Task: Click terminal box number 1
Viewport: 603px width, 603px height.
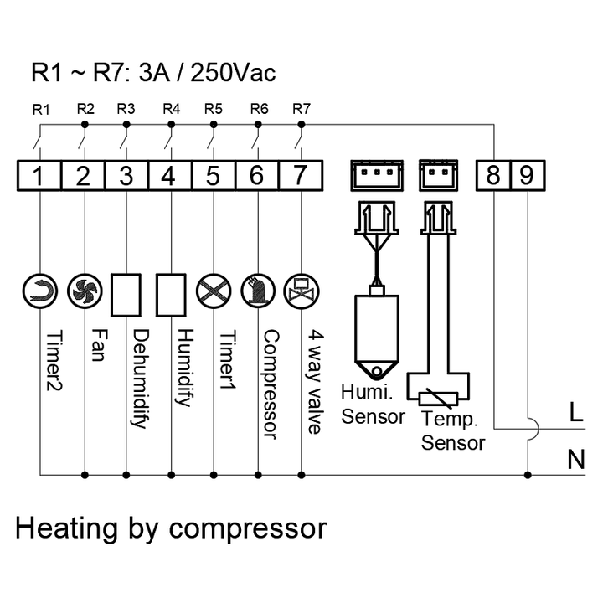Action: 39,176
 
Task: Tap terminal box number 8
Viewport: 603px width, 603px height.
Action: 493,176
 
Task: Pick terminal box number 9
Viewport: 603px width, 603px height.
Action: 526,176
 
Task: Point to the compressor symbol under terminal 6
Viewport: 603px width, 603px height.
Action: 257,289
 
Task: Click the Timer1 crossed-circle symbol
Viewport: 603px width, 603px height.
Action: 212,289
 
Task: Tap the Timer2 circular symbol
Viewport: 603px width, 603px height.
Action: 39,289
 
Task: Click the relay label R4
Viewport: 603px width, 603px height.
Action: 171,109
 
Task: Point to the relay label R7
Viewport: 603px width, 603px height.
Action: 301,109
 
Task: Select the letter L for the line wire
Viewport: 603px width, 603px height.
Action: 575,413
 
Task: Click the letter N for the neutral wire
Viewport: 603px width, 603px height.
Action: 575,460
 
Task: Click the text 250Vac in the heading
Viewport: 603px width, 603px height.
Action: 234,73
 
